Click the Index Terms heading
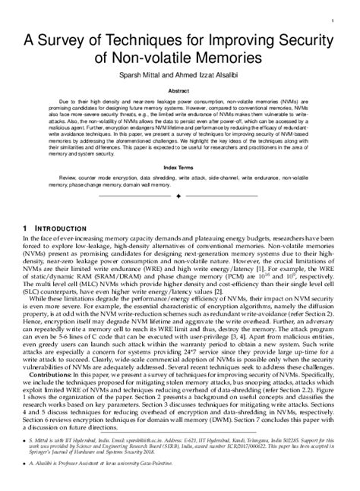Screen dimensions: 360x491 [x=179, y=170]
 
